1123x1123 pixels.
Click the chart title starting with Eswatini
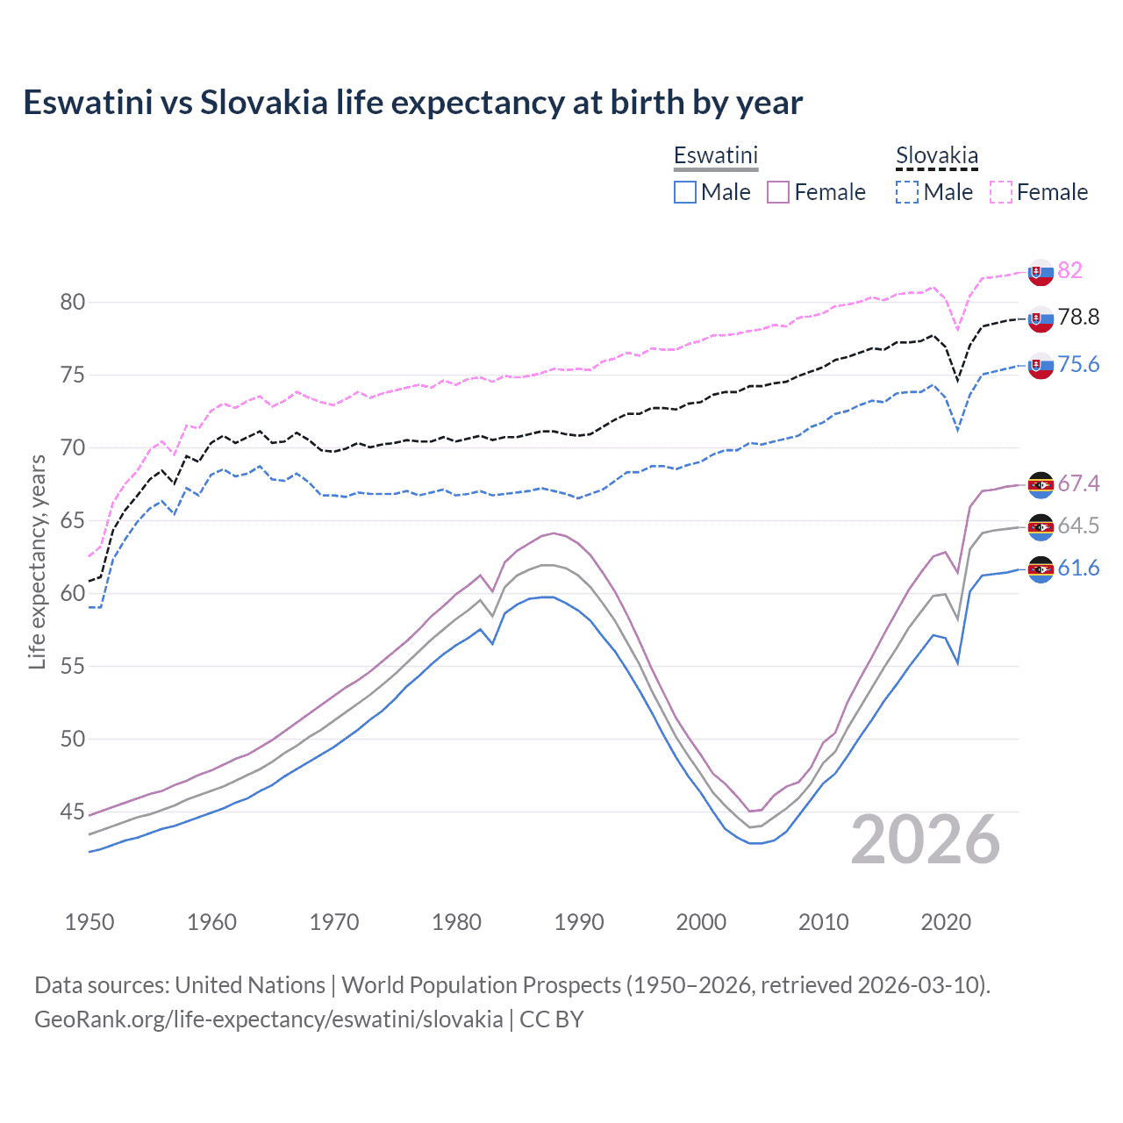(412, 103)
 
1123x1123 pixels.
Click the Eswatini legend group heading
(715, 155)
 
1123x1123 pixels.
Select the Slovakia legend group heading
(936, 156)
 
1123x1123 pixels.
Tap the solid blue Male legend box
(685, 192)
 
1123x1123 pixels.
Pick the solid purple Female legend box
(778, 192)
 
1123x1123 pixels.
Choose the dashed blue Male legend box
(907, 192)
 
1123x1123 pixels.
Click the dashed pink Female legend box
(1001, 192)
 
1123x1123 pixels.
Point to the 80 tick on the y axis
(73, 303)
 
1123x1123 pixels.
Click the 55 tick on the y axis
(73, 667)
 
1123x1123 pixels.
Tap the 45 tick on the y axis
(73, 812)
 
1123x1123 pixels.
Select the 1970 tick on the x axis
(334, 922)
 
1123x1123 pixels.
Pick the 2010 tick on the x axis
(823, 922)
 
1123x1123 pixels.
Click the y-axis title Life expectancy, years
(37, 561)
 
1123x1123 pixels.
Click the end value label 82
(1069, 270)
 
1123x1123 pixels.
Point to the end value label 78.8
(1078, 317)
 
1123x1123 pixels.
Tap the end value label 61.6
(1078, 569)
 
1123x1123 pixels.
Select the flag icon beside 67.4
(1041, 484)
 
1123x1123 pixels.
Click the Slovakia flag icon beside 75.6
(1041, 365)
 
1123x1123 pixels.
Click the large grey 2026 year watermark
(925, 840)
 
